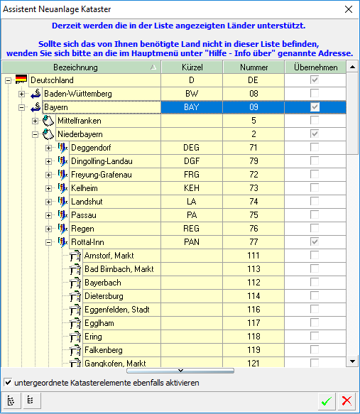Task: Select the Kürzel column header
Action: coord(192,67)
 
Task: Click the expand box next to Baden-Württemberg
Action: coord(21,94)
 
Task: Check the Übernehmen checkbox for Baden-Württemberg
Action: coord(315,94)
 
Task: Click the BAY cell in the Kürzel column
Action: coord(192,107)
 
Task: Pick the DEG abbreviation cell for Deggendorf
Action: coord(192,148)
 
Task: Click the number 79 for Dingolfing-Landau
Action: coord(253,161)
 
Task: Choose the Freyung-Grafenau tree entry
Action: coord(102,175)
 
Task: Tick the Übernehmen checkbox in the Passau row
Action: coord(315,215)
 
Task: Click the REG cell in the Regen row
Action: coord(192,229)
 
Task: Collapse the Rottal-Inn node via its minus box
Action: coord(49,242)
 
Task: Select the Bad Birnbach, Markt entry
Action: coord(119,269)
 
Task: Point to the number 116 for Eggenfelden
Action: coord(253,310)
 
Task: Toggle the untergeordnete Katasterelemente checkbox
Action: coord(8,383)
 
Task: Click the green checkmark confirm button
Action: coord(326,401)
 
